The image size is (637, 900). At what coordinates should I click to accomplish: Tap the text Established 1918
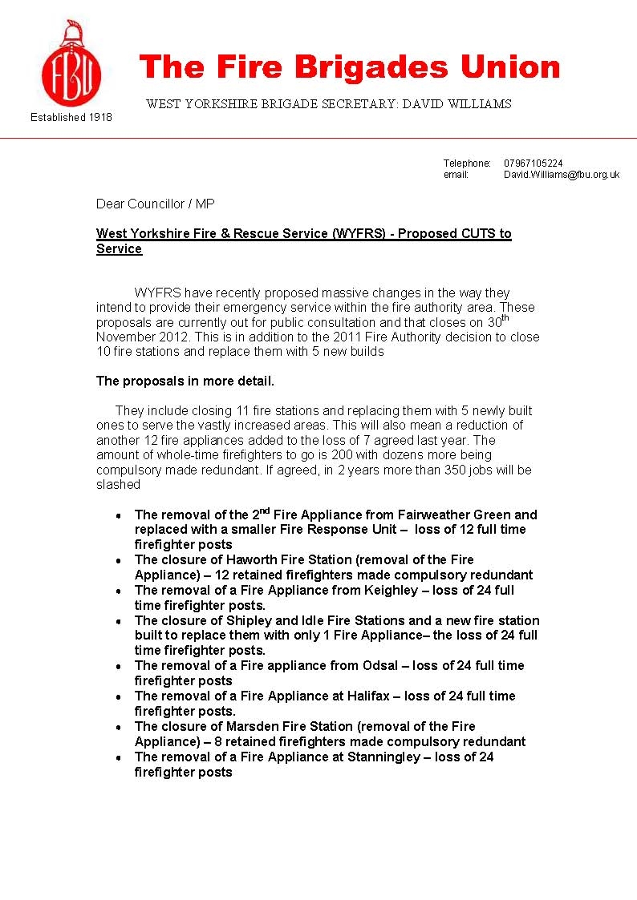[71, 117]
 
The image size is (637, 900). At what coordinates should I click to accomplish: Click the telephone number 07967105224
[534, 163]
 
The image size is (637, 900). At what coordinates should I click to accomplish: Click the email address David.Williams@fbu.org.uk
[562, 175]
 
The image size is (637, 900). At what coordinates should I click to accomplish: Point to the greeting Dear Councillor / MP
[156, 204]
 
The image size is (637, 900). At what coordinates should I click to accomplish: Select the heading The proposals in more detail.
[185, 381]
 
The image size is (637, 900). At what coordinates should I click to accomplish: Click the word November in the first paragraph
[125, 337]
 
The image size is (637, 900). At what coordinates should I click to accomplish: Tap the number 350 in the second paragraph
[428, 470]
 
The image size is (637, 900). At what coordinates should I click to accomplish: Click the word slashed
[118, 485]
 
